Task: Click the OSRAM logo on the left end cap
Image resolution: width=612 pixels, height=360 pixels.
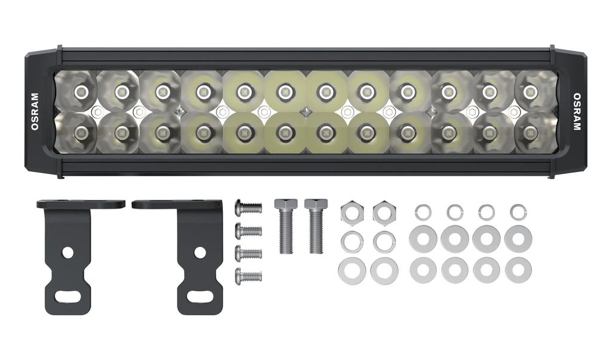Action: pos(34,112)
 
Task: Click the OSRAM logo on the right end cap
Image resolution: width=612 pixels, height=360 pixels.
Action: pos(577,112)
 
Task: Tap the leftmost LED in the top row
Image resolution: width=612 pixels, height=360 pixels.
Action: pos(80,91)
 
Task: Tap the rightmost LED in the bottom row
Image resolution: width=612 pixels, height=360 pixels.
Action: pos(530,132)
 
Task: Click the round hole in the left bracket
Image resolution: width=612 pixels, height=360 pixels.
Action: pos(68,252)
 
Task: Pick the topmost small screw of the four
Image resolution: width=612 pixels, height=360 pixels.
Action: pos(248,208)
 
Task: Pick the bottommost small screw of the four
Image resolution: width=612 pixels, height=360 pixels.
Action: pos(248,276)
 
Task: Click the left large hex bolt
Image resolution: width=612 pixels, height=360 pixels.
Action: pos(285,224)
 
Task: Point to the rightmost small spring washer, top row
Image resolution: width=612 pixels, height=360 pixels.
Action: pos(518,211)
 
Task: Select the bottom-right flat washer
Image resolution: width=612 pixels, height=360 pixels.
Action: pos(518,270)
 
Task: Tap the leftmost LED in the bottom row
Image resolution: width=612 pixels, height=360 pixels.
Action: pos(80,132)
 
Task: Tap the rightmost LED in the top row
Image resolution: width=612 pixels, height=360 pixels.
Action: pos(530,91)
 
